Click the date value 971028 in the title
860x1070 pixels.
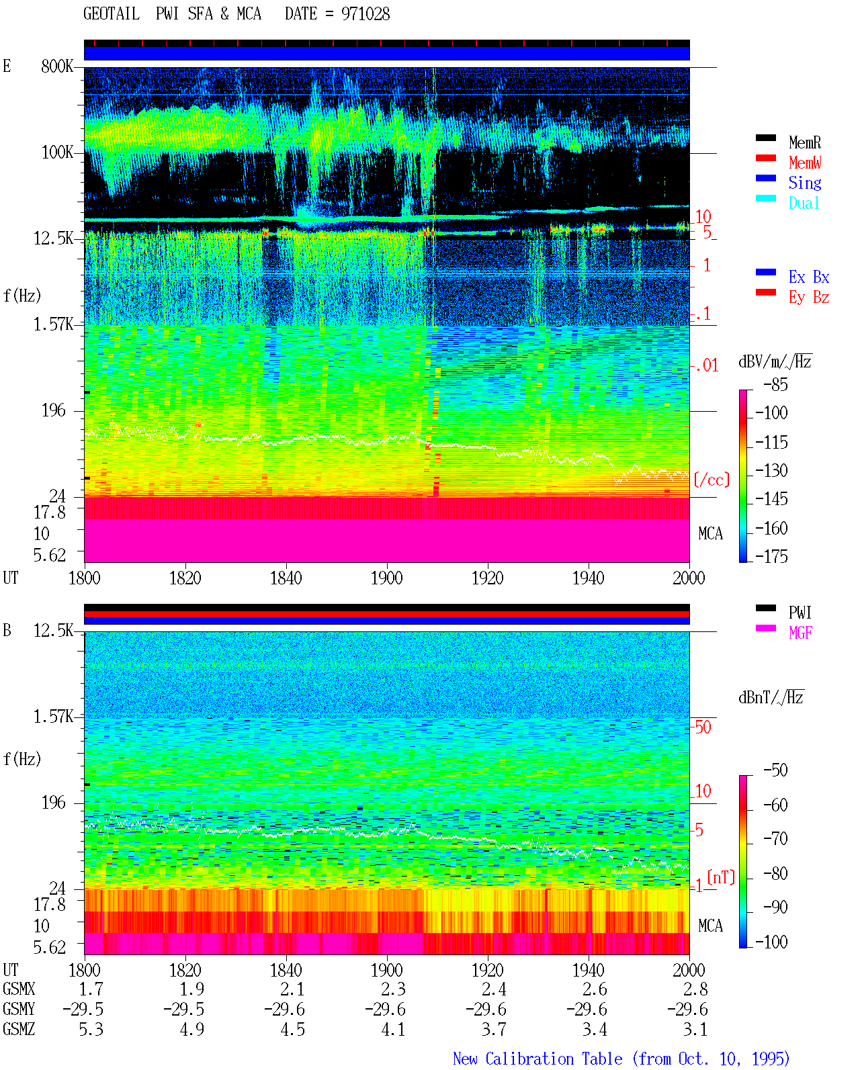click(x=365, y=14)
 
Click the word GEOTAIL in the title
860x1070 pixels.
click(x=112, y=14)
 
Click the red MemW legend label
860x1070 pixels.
click(x=805, y=163)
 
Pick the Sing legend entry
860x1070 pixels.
click(x=805, y=183)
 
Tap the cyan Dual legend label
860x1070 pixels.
click(x=804, y=203)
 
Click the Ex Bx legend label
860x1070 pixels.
click(x=809, y=277)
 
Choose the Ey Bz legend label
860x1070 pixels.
click(x=809, y=298)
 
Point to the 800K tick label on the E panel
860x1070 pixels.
click(x=57, y=66)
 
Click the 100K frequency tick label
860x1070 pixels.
click(x=57, y=152)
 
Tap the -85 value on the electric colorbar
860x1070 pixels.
click(x=775, y=385)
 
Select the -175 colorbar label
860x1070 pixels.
click(x=771, y=556)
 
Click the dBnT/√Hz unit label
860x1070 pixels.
click(x=771, y=698)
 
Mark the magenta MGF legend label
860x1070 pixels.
click(x=801, y=633)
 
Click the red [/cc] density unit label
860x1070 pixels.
click(x=712, y=480)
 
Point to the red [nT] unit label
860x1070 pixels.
click(x=721, y=877)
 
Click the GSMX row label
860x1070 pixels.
click(x=19, y=989)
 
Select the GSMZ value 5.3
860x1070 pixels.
click(x=91, y=1029)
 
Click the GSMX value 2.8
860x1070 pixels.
click(x=695, y=989)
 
